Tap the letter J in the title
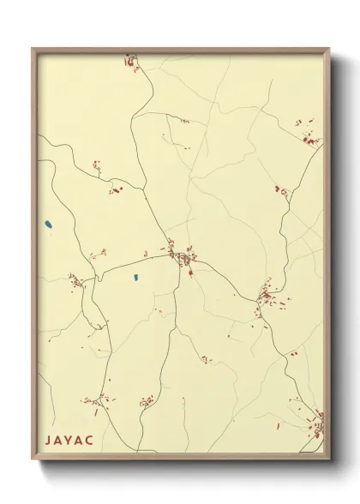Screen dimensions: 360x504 pos(48,437)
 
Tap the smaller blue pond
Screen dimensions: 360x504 pos(135,278)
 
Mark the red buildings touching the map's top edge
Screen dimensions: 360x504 pos(130,60)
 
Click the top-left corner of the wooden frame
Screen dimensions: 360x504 pos(33,49)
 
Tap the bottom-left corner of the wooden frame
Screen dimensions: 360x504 pos(33,459)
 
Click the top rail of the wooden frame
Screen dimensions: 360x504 pos(180,50)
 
